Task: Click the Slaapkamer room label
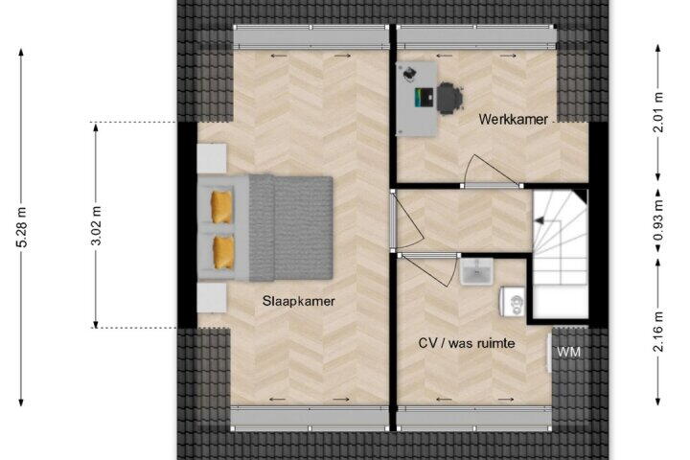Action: coord(298,301)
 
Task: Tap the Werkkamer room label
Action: coord(513,119)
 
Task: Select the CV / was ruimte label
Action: coord(467,343)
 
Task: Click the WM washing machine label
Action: coord(568,352)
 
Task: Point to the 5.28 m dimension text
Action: coord(22,227)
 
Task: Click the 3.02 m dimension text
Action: coord(97,225)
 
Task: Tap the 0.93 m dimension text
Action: coord(658,221)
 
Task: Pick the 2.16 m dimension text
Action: coord(658,332)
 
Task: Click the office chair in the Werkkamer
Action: coord(449,99)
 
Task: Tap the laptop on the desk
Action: coord(424,98)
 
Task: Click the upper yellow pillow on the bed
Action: coord(221,207)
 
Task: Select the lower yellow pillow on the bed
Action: coord(223,252)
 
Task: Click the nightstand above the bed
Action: coord(212,158)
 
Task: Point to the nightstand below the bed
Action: coord(212,298)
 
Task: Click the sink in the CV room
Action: coord(476,271)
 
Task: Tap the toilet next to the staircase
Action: coord(513,302)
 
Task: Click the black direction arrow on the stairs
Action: coord(539,221)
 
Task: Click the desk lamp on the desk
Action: coord(409,74)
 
